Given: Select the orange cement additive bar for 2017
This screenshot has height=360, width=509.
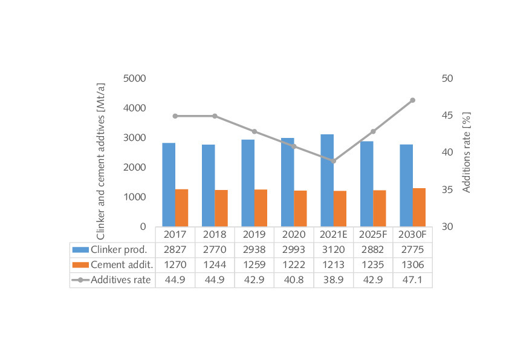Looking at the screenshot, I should [181, 208].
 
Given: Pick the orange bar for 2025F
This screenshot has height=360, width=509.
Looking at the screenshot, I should [379, 208].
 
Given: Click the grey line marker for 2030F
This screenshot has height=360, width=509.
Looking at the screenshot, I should [412, 100].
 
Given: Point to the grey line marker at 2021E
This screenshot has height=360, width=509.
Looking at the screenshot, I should [333, 161].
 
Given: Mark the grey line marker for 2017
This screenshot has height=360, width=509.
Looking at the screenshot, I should [175, 116].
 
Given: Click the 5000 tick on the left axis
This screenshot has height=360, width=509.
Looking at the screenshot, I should [135, 79].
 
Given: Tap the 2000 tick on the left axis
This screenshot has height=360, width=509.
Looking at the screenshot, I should [135, 168].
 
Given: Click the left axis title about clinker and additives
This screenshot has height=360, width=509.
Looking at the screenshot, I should [101, 152].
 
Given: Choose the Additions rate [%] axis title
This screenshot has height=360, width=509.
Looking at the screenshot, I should [467, 152].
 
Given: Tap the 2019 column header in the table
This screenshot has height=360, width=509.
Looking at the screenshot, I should [254, 235].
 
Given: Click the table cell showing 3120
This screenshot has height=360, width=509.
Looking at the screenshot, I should [333, 249].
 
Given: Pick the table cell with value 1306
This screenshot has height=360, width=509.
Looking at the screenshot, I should [412, 264].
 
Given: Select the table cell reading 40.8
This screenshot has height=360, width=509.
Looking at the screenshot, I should [294, 279].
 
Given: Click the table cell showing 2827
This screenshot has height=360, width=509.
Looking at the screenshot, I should [175, 249].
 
